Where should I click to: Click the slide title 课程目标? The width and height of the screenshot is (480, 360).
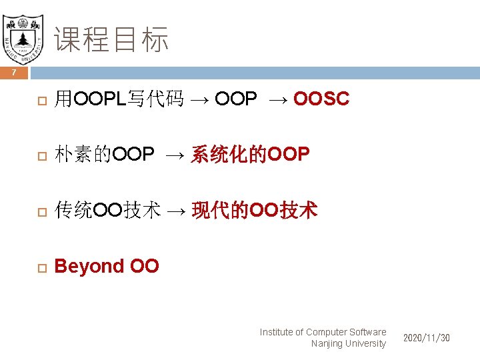tap(111, 39)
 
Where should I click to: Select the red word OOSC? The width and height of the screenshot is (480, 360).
tap(321, 99)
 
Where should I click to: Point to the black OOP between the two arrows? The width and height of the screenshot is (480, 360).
tap(235, 99)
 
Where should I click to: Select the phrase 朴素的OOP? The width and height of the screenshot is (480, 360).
tap(105, 155)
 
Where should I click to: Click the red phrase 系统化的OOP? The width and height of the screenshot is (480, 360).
tap(250, 155)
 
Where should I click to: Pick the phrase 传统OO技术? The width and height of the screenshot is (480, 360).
tap(107, 211)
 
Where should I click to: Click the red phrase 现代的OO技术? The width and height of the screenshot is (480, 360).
tap(254, 211)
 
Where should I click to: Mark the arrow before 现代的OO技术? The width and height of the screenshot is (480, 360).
tap(177, 211)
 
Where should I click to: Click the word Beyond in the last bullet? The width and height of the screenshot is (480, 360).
tap(89, 266)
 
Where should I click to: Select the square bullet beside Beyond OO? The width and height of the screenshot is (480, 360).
tap(40, 267)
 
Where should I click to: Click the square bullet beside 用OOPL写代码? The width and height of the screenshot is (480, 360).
tap(40, 100)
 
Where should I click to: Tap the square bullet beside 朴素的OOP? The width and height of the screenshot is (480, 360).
tap(40, 155)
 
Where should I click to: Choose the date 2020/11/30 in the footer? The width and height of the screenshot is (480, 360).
tap(426, 338)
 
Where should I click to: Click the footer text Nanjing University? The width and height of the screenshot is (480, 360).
tap(348, 343)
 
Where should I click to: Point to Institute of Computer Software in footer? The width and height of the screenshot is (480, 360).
tap(323, 331)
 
